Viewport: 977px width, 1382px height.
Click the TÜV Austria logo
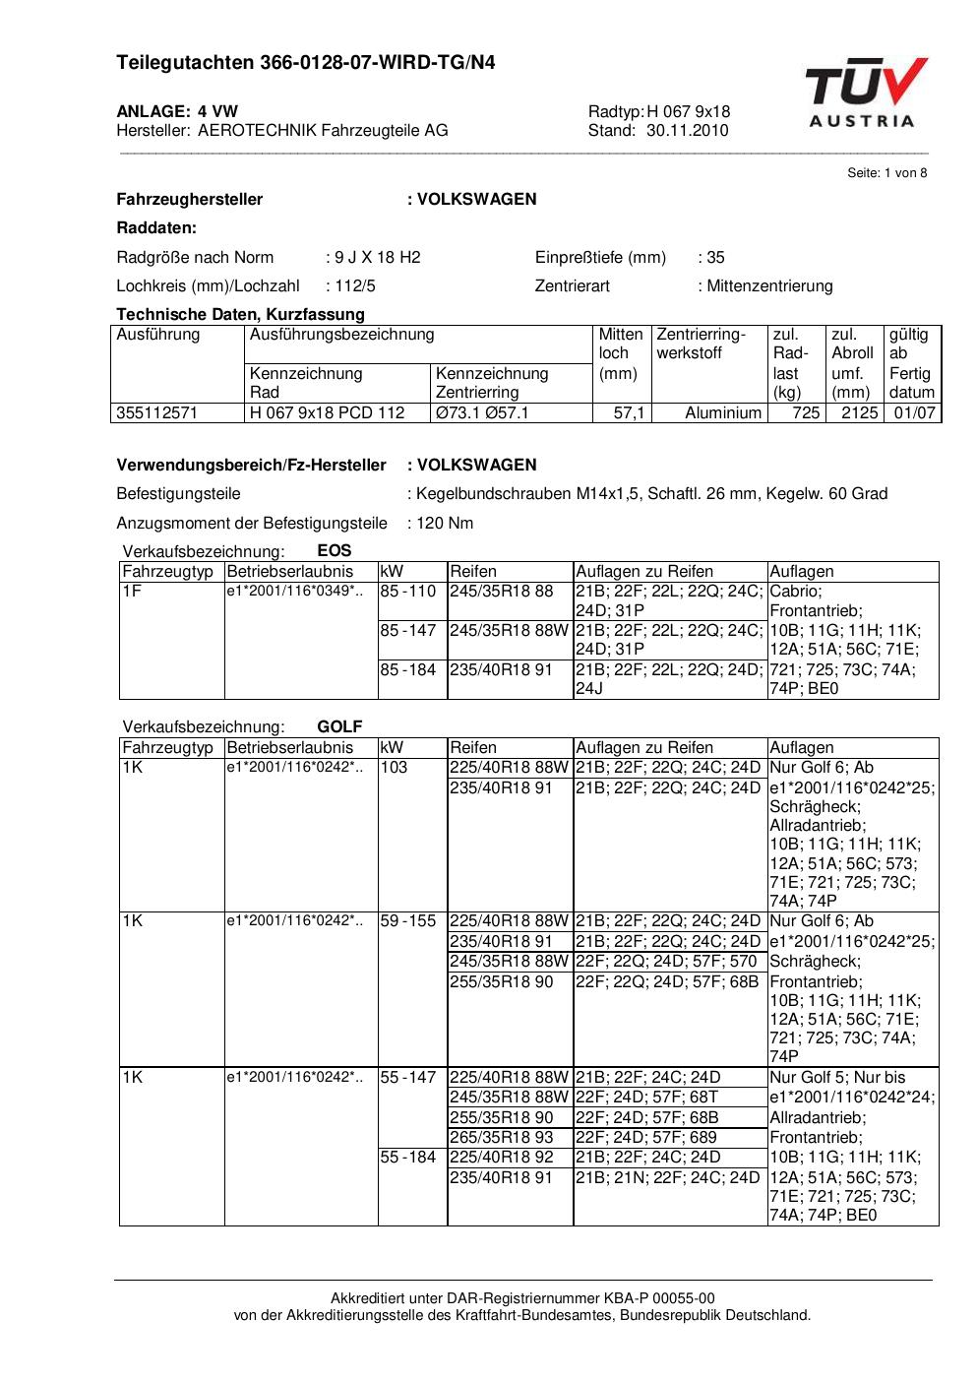coord(865,94)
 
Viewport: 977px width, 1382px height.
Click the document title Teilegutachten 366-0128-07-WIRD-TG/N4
coord(305,63)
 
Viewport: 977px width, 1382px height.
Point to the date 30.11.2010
coord(688,130)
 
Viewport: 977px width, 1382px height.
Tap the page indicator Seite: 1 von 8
coord(886,173)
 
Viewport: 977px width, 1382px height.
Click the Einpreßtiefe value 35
coord(715,258)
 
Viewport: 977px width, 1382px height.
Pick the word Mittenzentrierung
coord(769,286)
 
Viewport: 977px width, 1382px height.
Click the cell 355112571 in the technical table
coord(157,413)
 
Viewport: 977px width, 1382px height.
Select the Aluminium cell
coord(722,413)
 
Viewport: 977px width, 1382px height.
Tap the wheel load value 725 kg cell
coord(805,413)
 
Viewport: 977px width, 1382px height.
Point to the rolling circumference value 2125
coord(858,413)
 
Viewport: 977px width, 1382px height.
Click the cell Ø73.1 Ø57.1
coord(482,413)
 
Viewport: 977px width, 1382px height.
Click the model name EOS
coord(335,551)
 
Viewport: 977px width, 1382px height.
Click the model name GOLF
coord(339,727)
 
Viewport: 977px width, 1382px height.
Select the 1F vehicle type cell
coord(132,592)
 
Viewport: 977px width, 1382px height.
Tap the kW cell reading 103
coord(394,768)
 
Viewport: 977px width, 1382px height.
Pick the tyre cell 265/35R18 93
coord(502,1138)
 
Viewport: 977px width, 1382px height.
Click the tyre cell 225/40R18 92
coord(502,1158)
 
